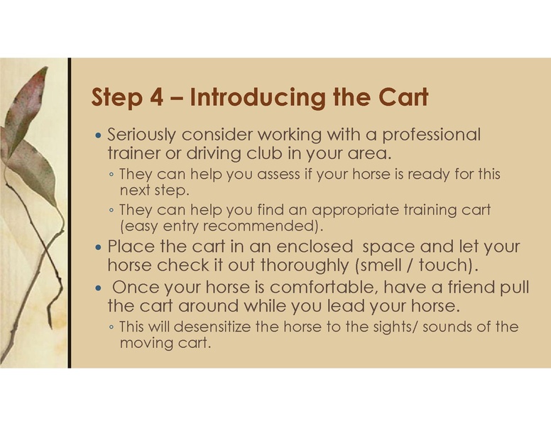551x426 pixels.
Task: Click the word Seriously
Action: (x=142, y=135)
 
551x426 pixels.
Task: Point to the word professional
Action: (x=431, y=135)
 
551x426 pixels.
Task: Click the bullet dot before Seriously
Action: (x=99, y=136)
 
